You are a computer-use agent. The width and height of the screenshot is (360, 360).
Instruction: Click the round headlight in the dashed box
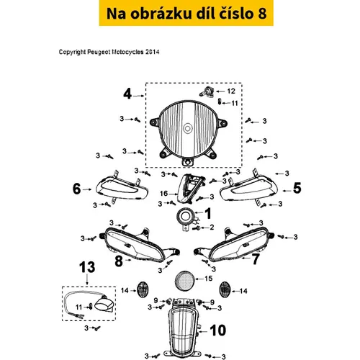click(x=188, y=132)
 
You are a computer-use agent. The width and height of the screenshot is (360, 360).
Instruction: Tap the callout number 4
click(x=127, y=94)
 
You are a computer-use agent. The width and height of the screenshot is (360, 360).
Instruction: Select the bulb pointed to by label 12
click(x=207, y=92)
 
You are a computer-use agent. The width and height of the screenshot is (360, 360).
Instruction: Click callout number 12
click(x=231, y=91)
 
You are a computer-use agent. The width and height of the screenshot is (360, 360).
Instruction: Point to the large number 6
click(x=77, y=189)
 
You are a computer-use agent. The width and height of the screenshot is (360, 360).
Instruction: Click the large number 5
click(x=297, y=188)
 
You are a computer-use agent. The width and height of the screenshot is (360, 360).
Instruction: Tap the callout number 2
click(x=212, y=227)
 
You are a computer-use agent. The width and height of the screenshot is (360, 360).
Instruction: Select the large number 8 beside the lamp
click(x=119, y=261)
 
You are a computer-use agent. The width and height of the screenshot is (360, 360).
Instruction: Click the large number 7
click(x=256, y=259)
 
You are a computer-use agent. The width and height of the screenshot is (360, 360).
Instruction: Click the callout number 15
click(x=209, y=279)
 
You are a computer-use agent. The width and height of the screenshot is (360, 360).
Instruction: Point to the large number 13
click(x=87, y=267)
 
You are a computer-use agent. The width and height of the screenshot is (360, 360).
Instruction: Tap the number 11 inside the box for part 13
click(x=79, y=307)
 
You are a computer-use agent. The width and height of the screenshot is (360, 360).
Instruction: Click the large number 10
click(x=218, y=330)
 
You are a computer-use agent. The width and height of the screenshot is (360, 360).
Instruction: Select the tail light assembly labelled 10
click(x=182, y=329)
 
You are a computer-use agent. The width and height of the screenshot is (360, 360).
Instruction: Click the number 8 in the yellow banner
click(x=262, y=13)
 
